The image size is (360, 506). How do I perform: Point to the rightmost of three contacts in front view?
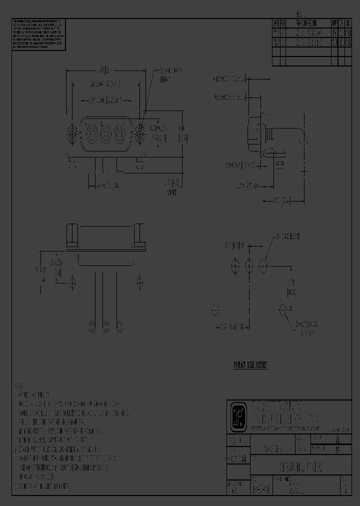coord(119,133)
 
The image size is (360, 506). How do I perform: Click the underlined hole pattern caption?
coord(250,365)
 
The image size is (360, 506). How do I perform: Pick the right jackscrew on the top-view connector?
coord(139,236)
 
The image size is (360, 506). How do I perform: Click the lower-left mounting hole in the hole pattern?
coord(216,310)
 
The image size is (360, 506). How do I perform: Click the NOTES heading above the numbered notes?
coord(19,386)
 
